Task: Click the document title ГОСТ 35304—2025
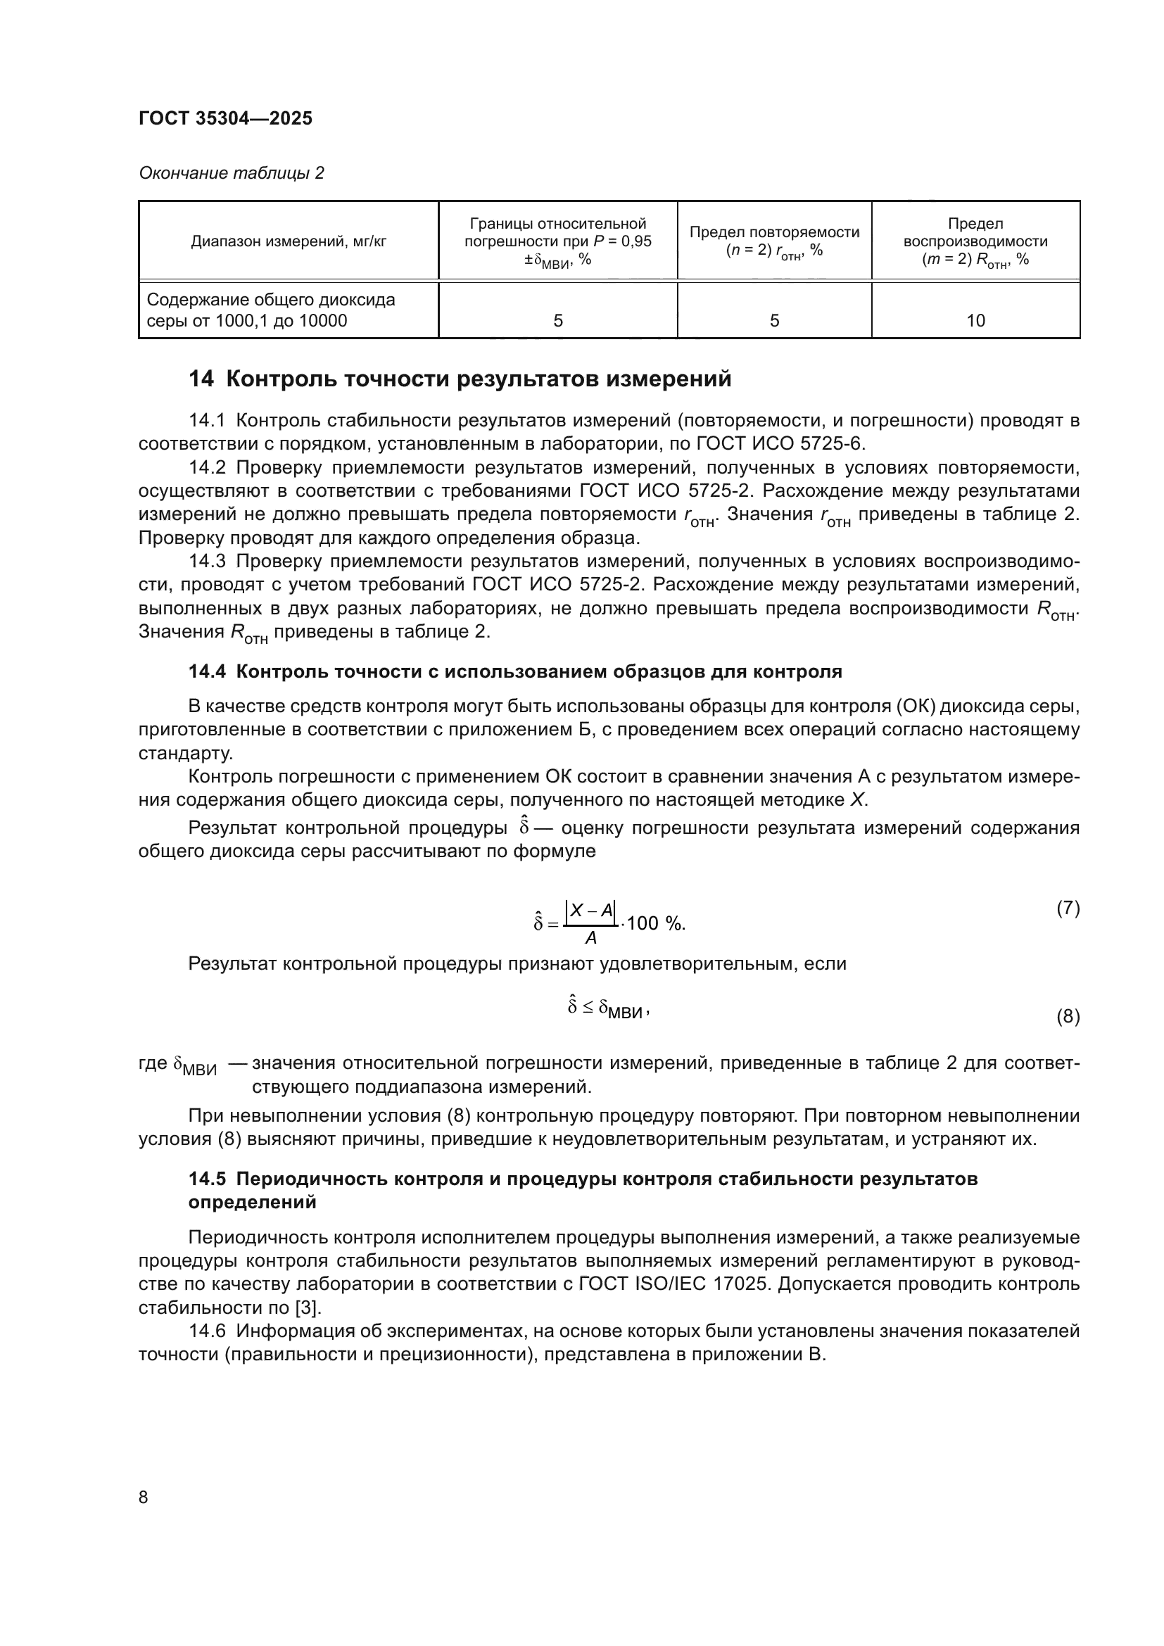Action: pyautogui.click(x=225, y=118)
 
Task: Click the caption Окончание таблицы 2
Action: pyautogui.click(x=231, y=173)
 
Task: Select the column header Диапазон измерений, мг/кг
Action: pyautogui.click(x=288, y=241)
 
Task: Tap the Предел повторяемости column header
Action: pyautogui.click(x=774, y=241)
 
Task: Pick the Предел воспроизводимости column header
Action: pyautogui.click(x=975, y=241)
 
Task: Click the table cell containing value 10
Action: pyautogui.click(x=975, y=320)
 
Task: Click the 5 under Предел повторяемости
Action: pyautogui.click(x=774, y=320)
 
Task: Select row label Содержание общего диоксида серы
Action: pyautogui.click(x=270, y=310)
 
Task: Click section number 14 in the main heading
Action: pyautogui.click(x=201, y=379)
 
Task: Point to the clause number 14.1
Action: pyautogui.click(x=207, y=420)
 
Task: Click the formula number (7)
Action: pyautogui.click(x=1068, y=909)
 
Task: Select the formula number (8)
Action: pyautogui.click(x=1068, y=1017)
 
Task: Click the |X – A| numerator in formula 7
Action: pyautogui.click(x=590, y=911)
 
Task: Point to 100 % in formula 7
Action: pyautogui.click(x=655, y=923)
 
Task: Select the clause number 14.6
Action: pyautogui.click(x=207, y=1331)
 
